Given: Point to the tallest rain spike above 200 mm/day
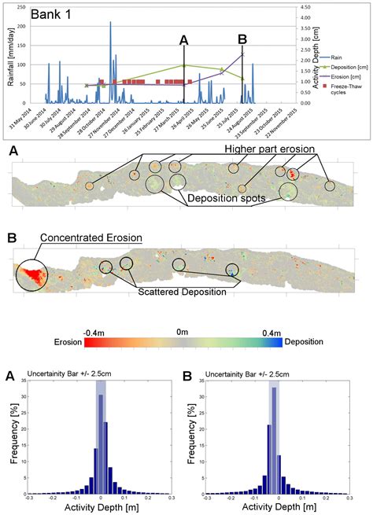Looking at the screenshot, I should click(x=110, y=24).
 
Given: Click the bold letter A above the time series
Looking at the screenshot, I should click(x=183, y=39).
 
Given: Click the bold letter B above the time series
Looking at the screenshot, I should click(x=242, y=39).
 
